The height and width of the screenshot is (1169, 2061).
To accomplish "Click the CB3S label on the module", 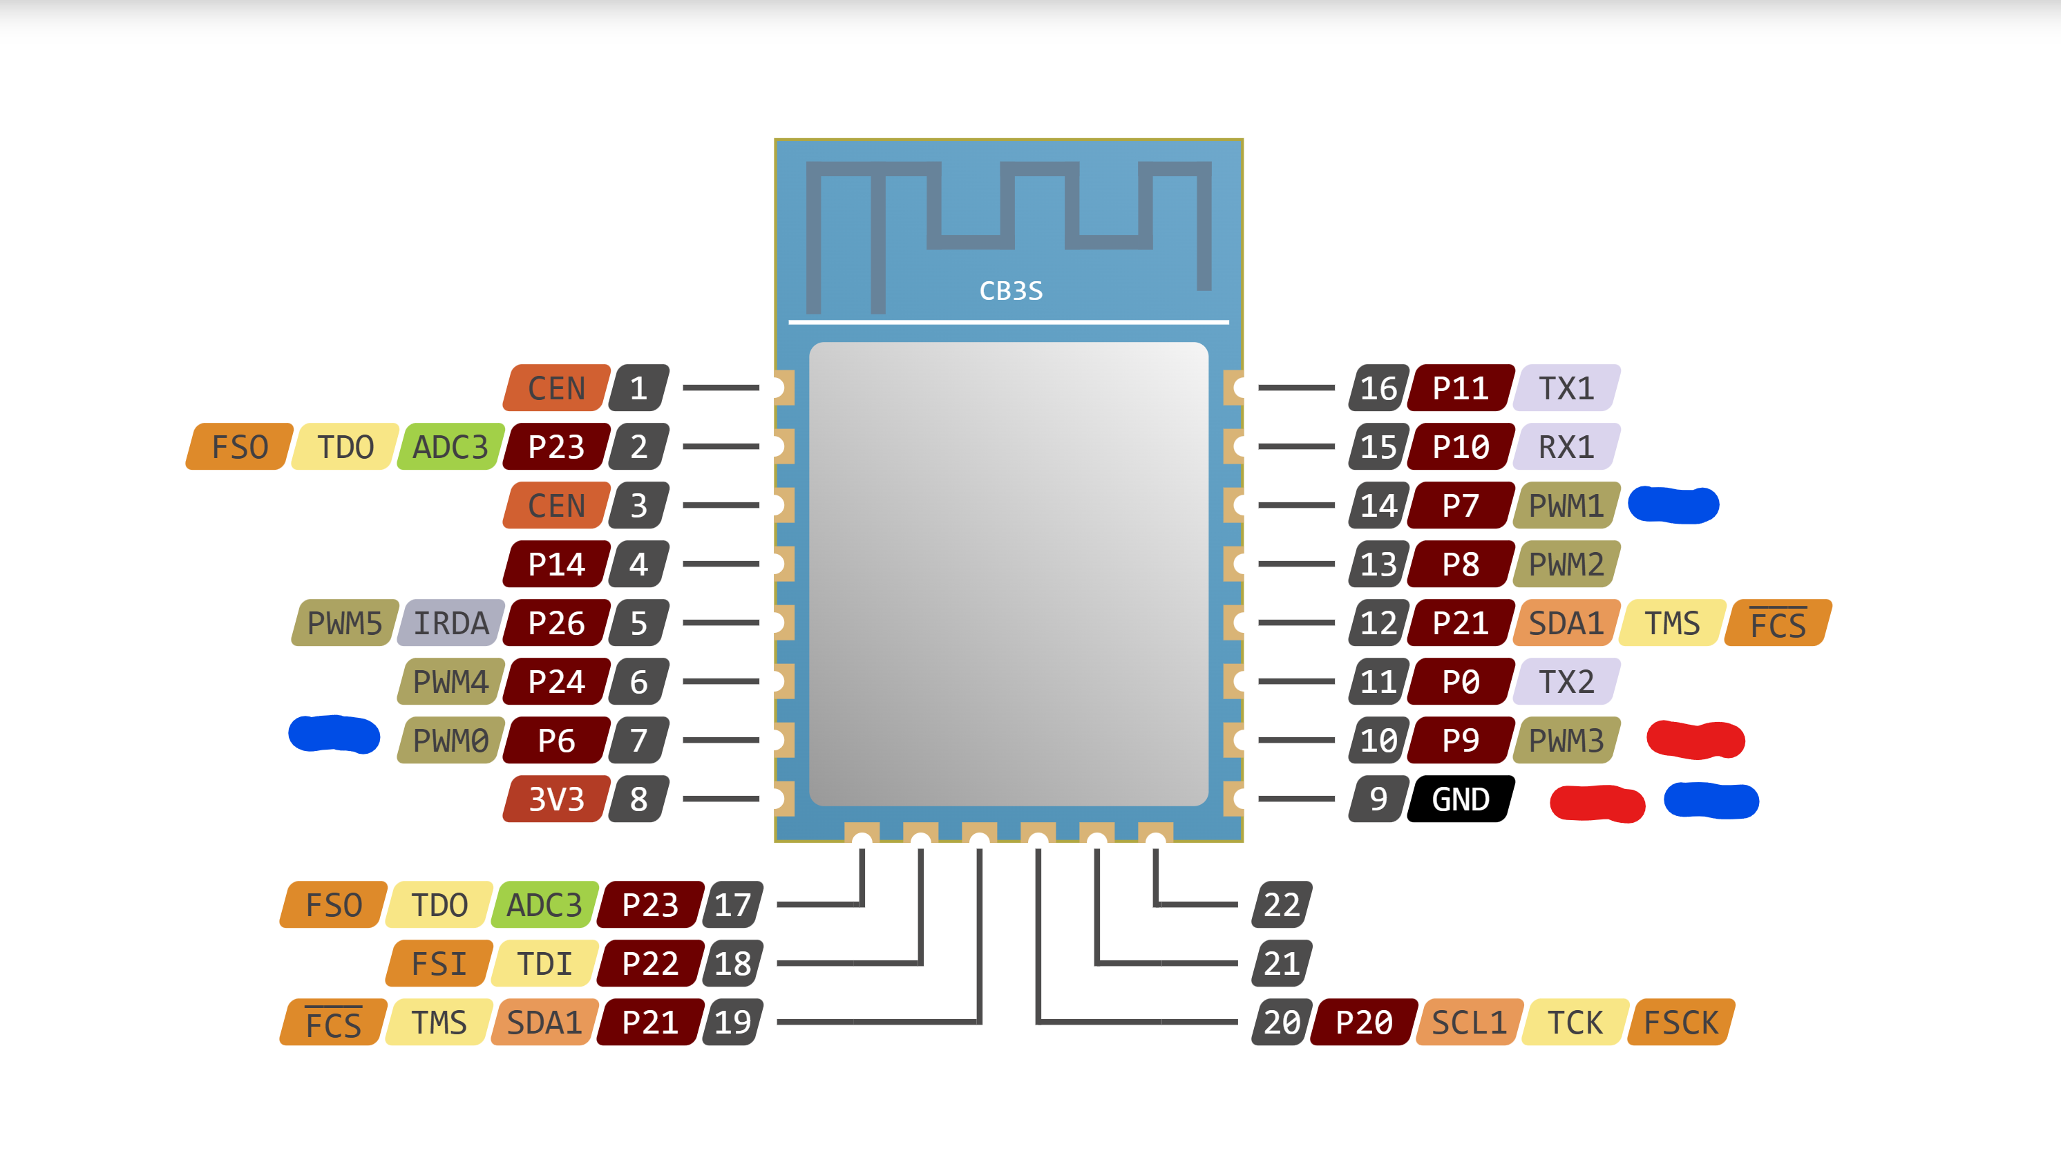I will (1010, 291).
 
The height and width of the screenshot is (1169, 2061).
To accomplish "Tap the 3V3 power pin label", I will (555, 799).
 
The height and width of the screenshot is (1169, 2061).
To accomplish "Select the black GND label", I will (1461, 799).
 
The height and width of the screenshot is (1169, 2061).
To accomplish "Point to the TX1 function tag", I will (1566, 388).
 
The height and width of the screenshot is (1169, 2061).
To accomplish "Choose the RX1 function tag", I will (1566, 446).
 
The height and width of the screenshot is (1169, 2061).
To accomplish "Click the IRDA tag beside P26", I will (451, 623).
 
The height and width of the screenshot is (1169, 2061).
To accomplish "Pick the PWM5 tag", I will (345, 623).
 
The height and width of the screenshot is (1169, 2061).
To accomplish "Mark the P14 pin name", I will (555, 564).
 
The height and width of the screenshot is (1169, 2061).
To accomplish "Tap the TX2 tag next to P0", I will (1566, 682).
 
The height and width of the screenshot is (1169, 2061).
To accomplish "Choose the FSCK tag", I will (1681, 1022).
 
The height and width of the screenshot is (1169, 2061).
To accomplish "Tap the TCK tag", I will (1575, 1022).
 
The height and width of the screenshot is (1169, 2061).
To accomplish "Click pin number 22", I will (1282, 905).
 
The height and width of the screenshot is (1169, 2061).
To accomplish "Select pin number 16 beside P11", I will (1378, 388).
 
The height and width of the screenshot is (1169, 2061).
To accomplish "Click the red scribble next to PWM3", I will (1695, 739).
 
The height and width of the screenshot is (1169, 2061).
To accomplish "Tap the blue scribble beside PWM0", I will (334, 734).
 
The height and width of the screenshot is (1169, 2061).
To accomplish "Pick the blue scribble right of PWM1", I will (1673, 505).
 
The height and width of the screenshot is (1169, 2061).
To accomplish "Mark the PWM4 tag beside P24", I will (450, 682).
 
